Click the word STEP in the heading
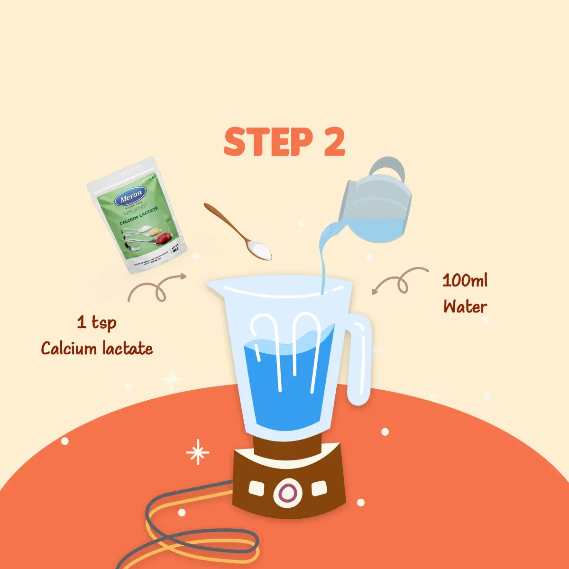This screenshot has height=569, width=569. (x=268, y=142)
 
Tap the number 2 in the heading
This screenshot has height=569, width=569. (x=334, y=142)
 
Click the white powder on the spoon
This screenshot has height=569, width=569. (x=259, y=248)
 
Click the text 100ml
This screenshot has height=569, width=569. (x=465, y=280)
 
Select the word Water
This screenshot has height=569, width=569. (x=465, y=307)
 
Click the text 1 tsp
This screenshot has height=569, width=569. (x=97, y=323)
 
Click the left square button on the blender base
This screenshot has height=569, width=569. (x=257, y=488)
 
